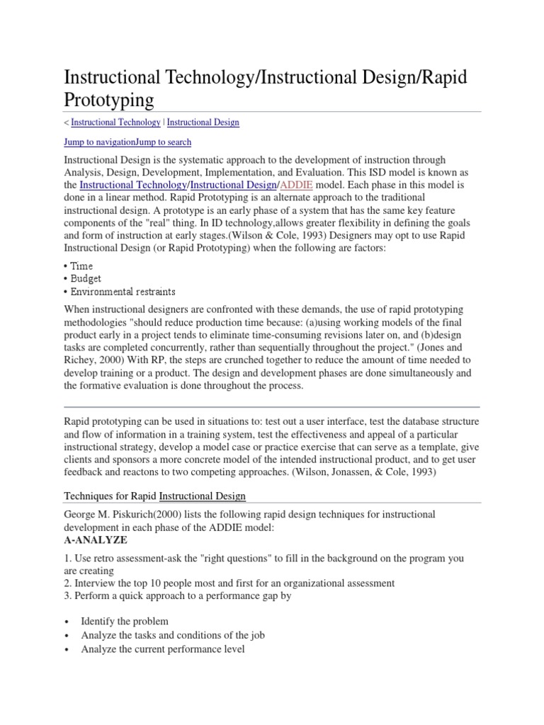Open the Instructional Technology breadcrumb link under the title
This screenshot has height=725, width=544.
point(115,122)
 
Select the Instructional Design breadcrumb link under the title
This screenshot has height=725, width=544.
point(203,122)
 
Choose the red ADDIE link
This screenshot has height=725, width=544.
point(295,185)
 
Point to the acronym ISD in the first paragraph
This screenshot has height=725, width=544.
point(360,173)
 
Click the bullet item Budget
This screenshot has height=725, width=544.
point(86,279)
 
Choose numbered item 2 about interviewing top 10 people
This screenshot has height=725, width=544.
point(229,583)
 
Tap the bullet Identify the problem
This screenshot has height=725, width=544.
point(125,622)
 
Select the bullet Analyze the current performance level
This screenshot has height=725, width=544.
point(163,649)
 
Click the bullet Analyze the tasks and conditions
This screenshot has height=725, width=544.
point(174,635)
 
